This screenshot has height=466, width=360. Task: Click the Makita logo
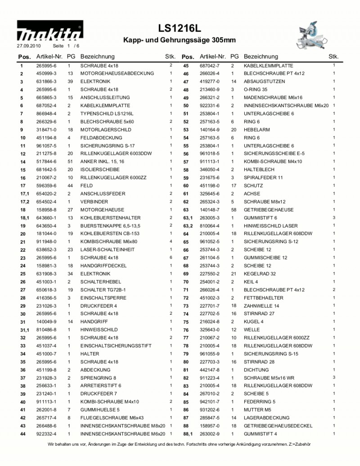point(49,32)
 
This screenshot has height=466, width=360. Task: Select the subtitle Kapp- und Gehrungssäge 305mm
point(179,41)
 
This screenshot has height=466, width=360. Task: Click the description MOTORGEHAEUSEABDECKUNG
point(117,73)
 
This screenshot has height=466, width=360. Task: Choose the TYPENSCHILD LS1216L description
point(107,113)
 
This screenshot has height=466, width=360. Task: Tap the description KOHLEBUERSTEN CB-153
point(110,234)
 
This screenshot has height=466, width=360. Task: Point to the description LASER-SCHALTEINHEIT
point(107,250)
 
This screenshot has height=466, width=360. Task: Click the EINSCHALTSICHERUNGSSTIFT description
point(116,346)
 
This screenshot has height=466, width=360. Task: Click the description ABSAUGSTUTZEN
point(264,81)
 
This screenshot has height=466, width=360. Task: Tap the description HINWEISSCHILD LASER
point(270,226)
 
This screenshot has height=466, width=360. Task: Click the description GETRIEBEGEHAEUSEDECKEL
point(278,426)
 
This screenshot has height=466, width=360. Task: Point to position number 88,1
point(188,434)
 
